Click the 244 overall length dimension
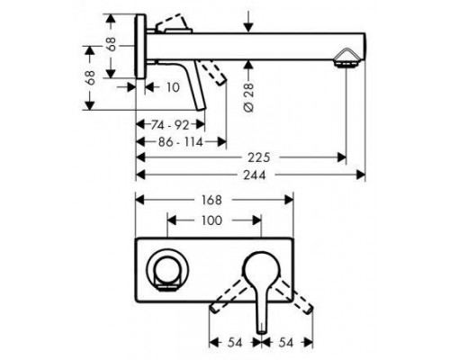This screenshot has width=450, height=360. tap(255, 175)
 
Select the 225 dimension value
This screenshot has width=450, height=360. tap(259, 157)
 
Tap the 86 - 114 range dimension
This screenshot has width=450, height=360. tap(181, 142)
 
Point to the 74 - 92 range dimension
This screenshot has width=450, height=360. tap(170, 125)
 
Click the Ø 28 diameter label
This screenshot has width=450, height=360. tap(249, 97)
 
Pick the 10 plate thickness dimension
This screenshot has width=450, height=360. tap(173, 87)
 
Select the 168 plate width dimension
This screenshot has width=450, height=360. tap(211, 200)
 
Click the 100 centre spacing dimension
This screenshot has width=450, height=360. tap(211, 220)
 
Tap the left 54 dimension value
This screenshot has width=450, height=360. tap(235, 343)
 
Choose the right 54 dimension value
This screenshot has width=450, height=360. tap(285, 343)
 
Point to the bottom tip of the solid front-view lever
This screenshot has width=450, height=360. tap(262, 331)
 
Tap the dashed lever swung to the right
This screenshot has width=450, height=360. tap(294, 296)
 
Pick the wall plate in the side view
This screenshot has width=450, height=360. tap(140, 47)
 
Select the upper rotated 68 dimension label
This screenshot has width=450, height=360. tap(112, 44)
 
